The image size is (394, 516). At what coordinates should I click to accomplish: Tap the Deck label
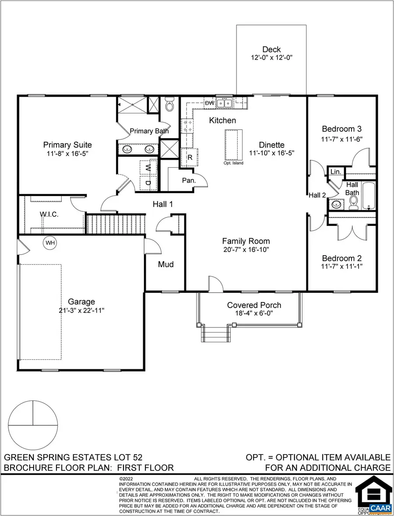pyautogui.click(x=271, y=49)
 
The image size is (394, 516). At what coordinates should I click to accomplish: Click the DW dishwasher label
pyautogui.click(x=210, y=103)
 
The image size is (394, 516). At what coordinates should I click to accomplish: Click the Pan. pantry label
pyautogui.click(x=189, y=180)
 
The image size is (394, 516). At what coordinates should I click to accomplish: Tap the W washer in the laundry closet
pyautogui.click(x=148, y=168)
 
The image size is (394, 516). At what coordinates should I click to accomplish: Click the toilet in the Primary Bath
pyautogui.click(x=169, y=105)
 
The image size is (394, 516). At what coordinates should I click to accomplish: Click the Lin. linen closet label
pyautogui.click(x=336, y=172)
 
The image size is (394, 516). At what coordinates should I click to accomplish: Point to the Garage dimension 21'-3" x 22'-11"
pyautogui.click(x=81, y=310)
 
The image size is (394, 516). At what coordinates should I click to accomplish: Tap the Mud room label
pyautogui.click(x=166, y=264)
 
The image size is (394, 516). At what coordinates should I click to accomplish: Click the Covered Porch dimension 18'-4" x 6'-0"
pyautogui.click(x=254, y=314)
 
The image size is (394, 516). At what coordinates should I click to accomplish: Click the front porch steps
pyautogui.click(x=215, y=335)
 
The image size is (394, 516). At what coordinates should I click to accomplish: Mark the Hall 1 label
pyautogui.click(x=163, y=204)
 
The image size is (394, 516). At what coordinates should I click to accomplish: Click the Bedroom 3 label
pyautogui.click(x=341, y=129)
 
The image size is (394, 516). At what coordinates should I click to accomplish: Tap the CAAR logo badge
pyautogui.click(x=380, y=508)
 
